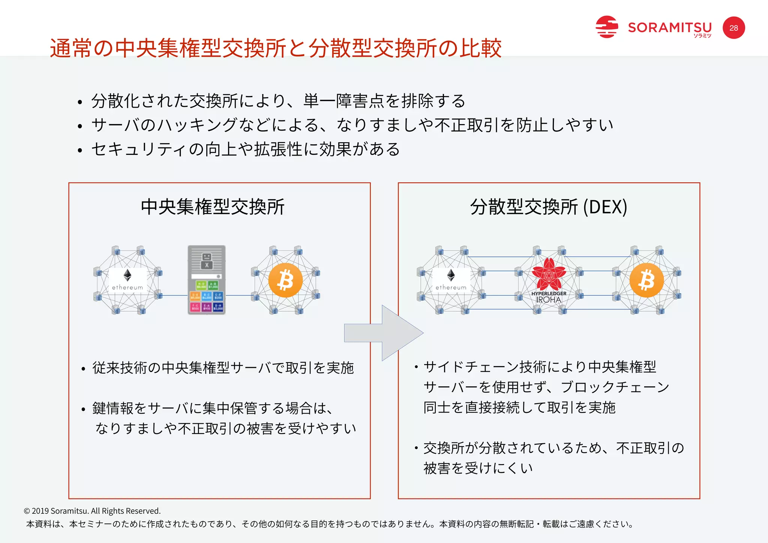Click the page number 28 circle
pos(733,28)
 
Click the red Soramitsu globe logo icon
pos(606,27)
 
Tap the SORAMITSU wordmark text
pos(670,27)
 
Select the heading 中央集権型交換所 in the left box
pos(213,207)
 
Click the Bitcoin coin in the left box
pos(285,280)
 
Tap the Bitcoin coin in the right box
pos(646,280)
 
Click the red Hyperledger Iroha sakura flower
pos(549,274)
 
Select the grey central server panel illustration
pos(207,280)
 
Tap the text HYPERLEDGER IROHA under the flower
pos(549,297)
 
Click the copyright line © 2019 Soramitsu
pos(92,511)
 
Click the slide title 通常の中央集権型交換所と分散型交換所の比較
pos(276,48)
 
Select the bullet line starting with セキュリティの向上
pos(246,149)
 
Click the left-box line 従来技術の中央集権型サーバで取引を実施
pos(223,368)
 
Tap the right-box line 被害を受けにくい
pos(478,468)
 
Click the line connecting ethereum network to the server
pos(174,295)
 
